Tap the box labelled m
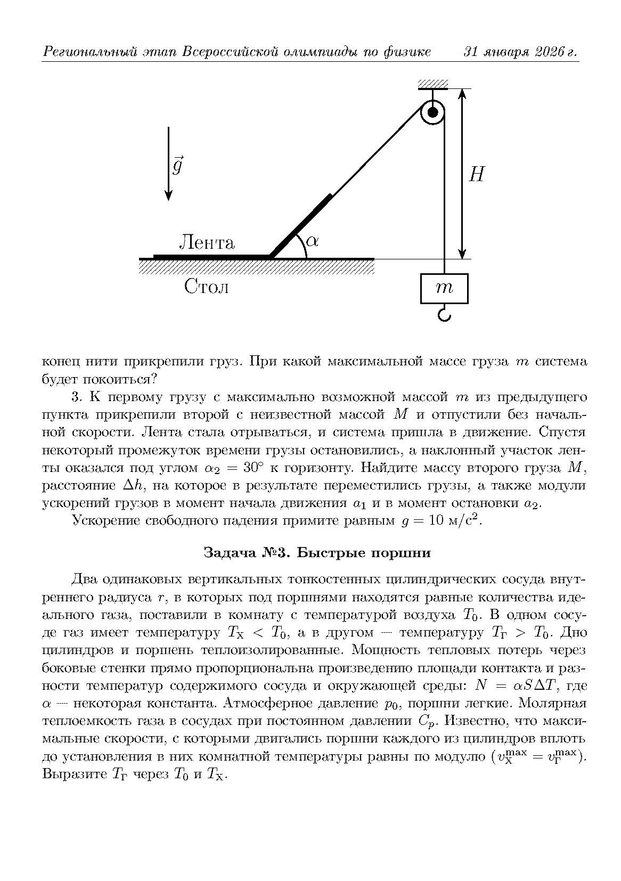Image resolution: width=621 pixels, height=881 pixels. pos(444,288)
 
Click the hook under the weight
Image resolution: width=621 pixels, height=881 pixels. pos(444,315)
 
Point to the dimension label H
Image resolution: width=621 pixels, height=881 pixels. pos(476,174)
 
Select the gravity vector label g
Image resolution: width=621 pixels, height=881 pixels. pos(177,166)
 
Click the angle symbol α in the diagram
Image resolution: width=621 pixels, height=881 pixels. pos(313,241)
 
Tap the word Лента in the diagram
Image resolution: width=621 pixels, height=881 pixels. pos(207,243)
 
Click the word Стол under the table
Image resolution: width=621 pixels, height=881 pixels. pos(207,287)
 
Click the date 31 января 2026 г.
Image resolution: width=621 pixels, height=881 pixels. pos(521,52)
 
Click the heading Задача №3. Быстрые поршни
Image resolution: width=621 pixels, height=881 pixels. pos(317,553)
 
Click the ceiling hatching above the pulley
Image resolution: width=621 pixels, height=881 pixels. pos(432,84)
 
